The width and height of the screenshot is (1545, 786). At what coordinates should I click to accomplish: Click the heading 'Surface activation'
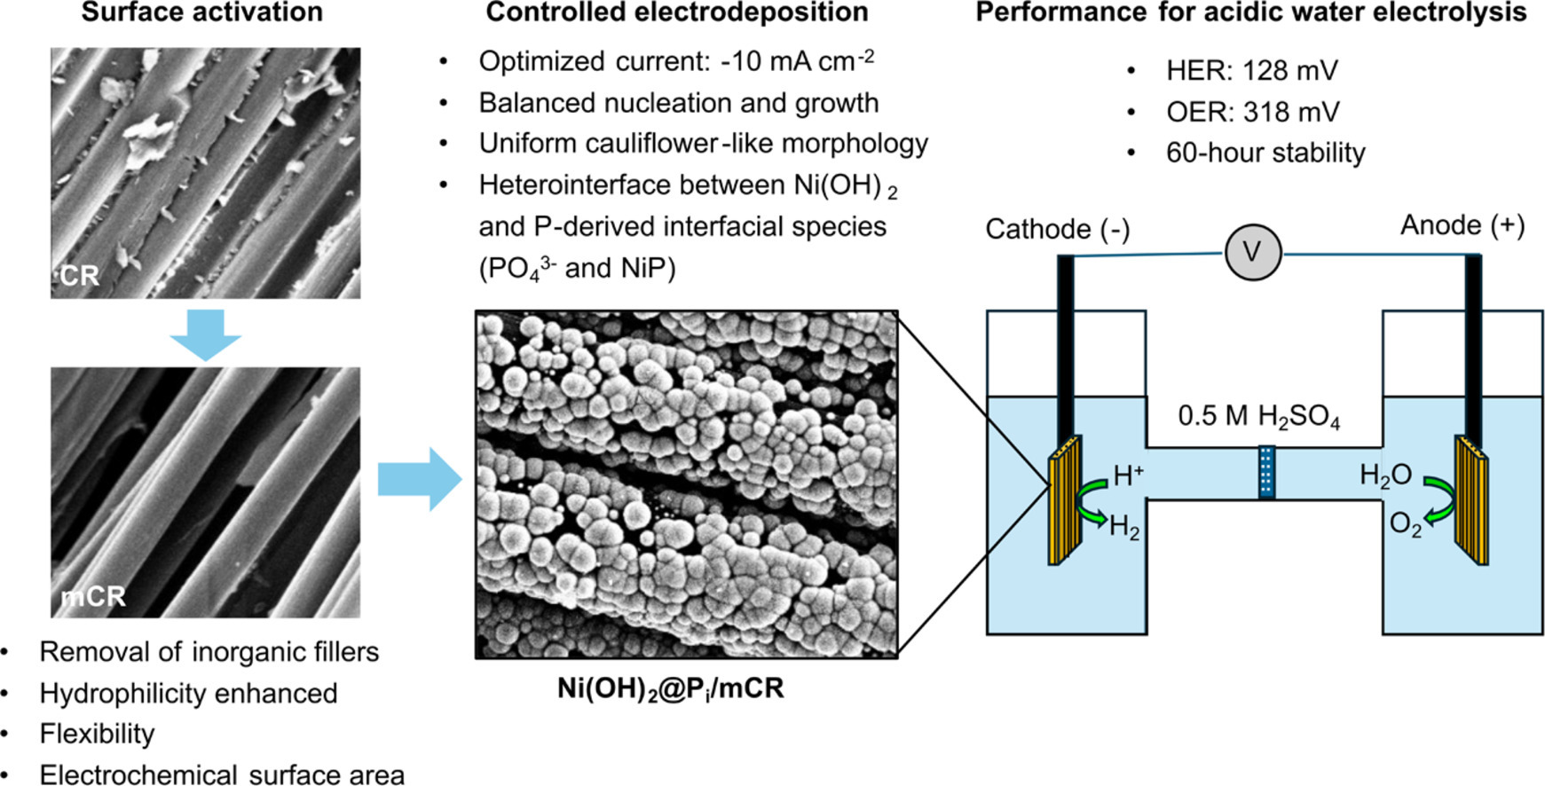[202, 12]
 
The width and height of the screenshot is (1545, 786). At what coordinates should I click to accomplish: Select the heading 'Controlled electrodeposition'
[677, 12]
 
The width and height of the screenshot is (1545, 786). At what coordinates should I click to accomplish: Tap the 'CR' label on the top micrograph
[79, 276]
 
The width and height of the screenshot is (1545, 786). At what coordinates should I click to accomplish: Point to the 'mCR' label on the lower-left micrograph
[93, 596]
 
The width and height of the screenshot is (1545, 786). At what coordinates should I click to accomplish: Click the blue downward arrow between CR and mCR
[205, 334]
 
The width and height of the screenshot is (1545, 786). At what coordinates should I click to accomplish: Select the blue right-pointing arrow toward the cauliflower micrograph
[420, 479]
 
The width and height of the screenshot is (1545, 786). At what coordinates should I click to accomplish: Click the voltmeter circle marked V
[1253, 252]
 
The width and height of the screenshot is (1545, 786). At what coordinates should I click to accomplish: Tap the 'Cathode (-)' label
[1058, 230]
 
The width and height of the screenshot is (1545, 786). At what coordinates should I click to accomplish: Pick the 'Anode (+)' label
[1462, 225]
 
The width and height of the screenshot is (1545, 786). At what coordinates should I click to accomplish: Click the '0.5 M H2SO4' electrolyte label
[1258, 417]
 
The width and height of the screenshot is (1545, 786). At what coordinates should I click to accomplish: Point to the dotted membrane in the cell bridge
[1266, 472]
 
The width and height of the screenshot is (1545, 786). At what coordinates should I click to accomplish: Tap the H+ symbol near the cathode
[1128, 476]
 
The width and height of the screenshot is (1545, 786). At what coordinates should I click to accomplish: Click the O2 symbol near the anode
[1405, 525]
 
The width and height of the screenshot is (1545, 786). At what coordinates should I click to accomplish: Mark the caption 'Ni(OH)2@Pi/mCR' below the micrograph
[671, 689]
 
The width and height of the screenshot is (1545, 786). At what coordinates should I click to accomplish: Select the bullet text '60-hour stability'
[1265, 153]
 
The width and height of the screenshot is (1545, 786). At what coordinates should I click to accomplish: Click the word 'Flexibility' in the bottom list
[97, 734]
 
